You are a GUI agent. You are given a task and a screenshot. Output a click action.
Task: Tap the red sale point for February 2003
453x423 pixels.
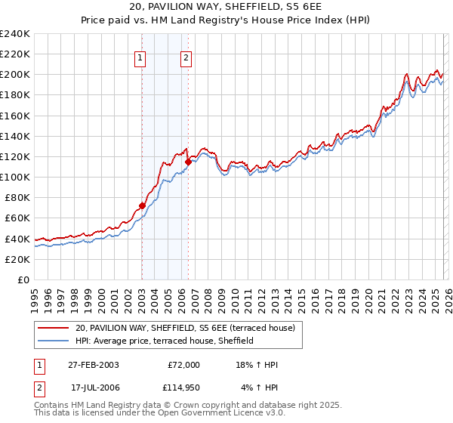click(142, 205)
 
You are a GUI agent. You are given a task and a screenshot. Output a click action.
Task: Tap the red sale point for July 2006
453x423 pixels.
click(188, 162)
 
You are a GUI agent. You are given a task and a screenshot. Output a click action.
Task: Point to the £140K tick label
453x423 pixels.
click(15, 136)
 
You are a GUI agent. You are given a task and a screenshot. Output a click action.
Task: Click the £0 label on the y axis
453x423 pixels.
click(23, 279)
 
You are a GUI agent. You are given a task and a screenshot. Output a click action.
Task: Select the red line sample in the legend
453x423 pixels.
click(54, 327)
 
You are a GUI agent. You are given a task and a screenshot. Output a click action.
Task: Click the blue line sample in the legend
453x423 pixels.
click(54, 341)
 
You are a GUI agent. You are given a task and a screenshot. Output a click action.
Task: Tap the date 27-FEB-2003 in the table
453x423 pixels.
click(93, 364)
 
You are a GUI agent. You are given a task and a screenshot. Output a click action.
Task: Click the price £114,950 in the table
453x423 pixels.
click(182, 387)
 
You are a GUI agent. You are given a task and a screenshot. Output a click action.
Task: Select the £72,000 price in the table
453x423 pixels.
click(183, 364)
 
